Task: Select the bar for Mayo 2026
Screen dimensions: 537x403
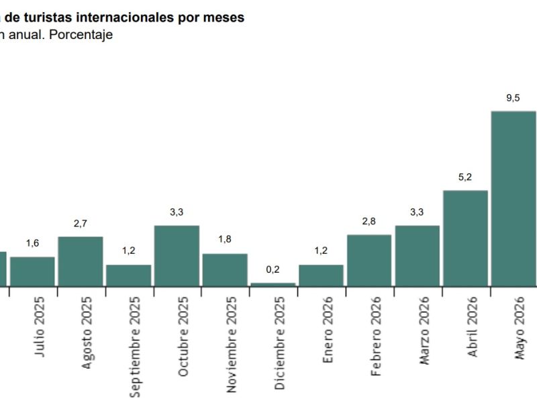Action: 514,199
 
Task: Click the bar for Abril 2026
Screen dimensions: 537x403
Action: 465,238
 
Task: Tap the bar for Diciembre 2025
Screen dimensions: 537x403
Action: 273,284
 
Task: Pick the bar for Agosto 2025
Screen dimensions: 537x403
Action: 81,261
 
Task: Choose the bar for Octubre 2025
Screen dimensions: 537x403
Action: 177,256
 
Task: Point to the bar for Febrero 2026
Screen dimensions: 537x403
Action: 369,261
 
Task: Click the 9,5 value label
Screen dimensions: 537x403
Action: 513,98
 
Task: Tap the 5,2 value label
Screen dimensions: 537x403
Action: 465,177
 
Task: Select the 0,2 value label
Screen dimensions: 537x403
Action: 273,270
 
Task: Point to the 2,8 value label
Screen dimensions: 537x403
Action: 369,222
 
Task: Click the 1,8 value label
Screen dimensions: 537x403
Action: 225,239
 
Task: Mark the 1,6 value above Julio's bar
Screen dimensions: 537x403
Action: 32,243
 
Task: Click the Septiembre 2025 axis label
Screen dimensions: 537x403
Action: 135,347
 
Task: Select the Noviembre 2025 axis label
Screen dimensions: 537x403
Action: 232,345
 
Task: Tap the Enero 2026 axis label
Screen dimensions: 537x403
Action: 328,330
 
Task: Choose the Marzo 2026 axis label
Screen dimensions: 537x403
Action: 424,330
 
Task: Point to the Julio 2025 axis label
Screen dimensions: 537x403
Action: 39,326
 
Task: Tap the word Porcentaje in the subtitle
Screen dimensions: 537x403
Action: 81,35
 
